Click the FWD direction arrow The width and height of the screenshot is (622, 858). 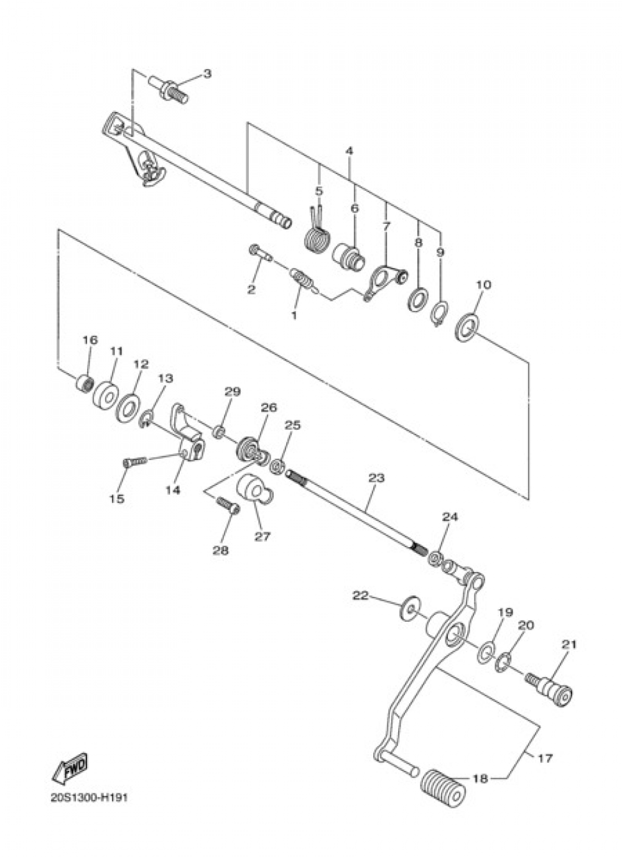click(x=70, y=768)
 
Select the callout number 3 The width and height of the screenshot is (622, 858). click(x=207, y=73)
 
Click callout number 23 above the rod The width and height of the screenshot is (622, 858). click(x=376, y=479)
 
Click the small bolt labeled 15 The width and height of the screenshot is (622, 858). click(x=134, y=462)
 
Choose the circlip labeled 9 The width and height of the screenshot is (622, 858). click(x=440, y=312)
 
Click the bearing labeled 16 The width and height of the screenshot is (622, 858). click(x=84, y=382)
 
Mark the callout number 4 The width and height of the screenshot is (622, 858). click(x=350, y=151)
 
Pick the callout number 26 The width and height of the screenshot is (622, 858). click(x=268, y=408)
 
